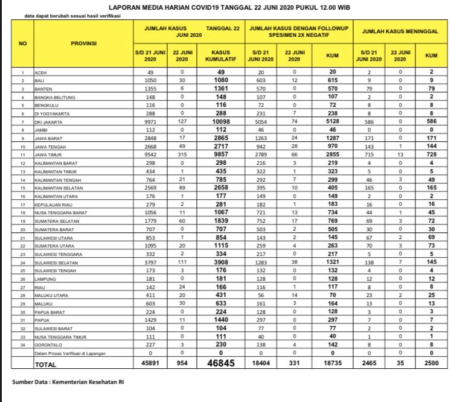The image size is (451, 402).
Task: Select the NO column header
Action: [22, 44]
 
